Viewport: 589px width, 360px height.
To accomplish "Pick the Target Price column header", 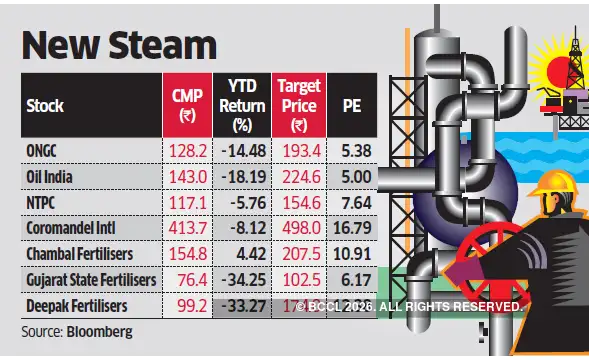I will coord(298,104).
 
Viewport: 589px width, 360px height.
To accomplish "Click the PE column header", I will coord(351,104).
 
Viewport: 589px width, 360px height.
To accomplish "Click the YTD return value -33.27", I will coord(244,306).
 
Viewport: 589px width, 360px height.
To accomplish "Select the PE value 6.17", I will coord(353,281).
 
